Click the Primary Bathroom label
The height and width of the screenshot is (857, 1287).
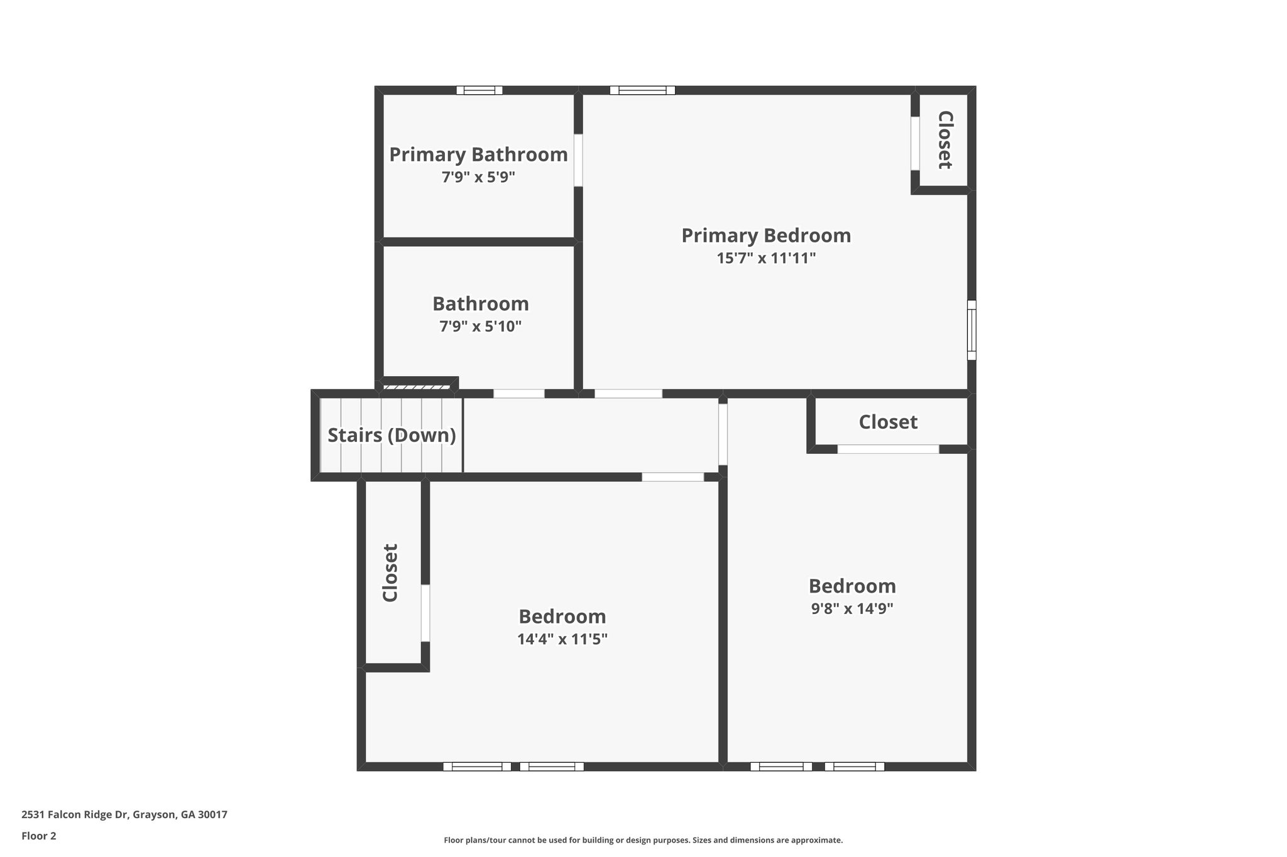pyautogui.click(x=478, y=154)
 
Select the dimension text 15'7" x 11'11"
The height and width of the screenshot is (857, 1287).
pyautogui.click(x=766, y=258)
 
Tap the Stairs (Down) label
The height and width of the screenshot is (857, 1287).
pyautogui.click(x=392, y=435)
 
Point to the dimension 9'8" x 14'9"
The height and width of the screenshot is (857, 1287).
pyautogui.click(x=852, y=608)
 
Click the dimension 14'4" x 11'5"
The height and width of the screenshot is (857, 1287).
pyautogui.click(x=562, y=639)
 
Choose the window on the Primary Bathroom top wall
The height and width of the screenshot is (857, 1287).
pyautogui.click(x=479, y=90)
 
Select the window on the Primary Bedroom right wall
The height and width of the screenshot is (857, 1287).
pyautogui.click(x=972, y=330)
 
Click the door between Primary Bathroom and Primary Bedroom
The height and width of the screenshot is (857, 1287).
pyautogui.click(x=578, y=160)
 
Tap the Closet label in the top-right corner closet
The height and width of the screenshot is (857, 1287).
pyautogui.click(x=945, y=140)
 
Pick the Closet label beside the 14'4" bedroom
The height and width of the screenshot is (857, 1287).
pyautogui.click(x=390, y=573)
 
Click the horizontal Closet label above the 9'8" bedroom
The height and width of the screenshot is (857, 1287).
pyautogui.click(x=888, y=422)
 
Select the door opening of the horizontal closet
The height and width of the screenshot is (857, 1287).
pyautogui.click(x=888, y=449)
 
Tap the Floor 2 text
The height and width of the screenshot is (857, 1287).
pyautogui.click(x=39, y=836)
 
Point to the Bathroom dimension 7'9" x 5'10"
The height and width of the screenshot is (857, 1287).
pyautogui.click(x=480, y=326)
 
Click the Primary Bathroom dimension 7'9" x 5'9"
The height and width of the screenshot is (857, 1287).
pyautogui.click(x=478, y=177)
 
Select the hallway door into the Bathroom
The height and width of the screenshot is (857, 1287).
pyautogui.click(x=518, y=394)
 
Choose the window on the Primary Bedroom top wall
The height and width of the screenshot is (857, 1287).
pyautogui.click(x=642, y=90)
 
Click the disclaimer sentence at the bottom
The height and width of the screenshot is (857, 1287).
pyautogui.click(x=643, y=840)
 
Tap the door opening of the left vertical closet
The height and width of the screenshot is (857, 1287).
pyautogui.click(x=425, y=613)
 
